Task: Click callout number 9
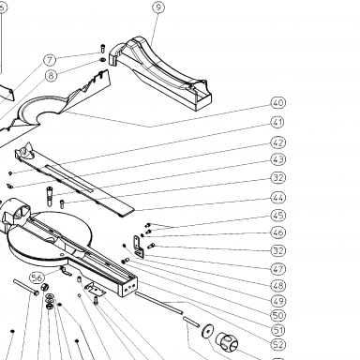point(158,7)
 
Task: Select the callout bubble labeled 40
point(277,103)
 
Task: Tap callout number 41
point(277,122)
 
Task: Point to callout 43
point(277,159)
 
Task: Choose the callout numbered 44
point(277,198)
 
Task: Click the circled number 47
point(277,269)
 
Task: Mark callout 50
point(277,315)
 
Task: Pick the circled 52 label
point(277,345)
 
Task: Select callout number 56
point(37,277)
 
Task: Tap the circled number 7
point(50,60)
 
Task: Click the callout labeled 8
point(52,76)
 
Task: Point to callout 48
point(277,286)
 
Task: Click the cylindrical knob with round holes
point(227,341)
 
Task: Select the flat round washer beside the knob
point(207,331)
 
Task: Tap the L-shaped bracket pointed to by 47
point(138,247)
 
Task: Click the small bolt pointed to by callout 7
point(103,49)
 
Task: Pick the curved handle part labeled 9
point(160,74)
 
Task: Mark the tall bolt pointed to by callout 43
point(50,196)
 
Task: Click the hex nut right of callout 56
point(45,287)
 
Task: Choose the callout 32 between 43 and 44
point(277,178)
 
